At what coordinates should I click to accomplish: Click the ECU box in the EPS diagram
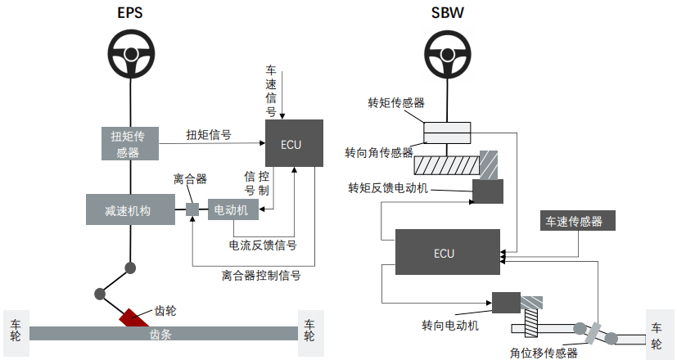291,144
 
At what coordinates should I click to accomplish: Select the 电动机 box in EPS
233,209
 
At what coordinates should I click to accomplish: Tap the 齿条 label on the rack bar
161,334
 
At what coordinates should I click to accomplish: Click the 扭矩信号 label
208,135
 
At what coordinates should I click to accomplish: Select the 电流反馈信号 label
263,245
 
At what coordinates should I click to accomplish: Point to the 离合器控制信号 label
261,275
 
